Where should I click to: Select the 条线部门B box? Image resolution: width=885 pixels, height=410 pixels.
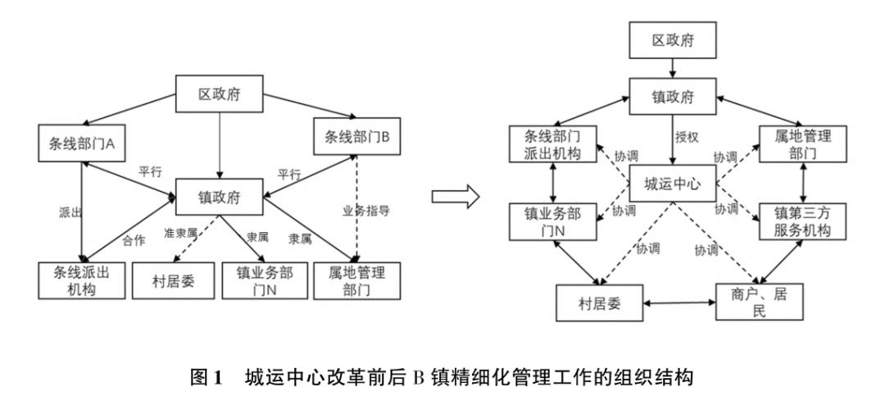[356, 138]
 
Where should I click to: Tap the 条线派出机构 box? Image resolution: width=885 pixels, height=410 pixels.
[79, 280]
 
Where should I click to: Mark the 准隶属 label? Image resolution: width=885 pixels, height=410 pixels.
[180, 234]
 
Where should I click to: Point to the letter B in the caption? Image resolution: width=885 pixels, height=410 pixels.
[416, 378]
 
